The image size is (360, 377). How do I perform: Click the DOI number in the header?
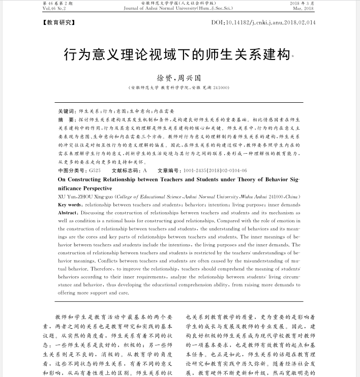(x=263, y=23)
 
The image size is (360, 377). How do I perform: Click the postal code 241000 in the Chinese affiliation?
(x=220, y=88)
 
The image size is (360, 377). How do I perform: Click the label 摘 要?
(x=67, y=118)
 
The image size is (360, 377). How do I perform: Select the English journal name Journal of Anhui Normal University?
(x=163, y=9)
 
